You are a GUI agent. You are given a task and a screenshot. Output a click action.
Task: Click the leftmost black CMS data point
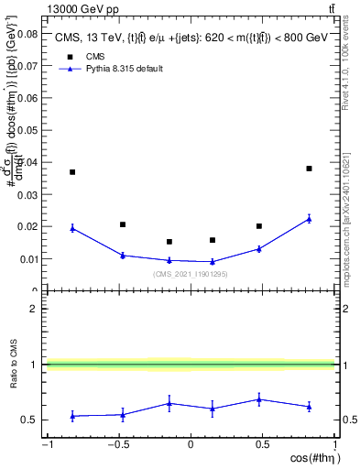72,172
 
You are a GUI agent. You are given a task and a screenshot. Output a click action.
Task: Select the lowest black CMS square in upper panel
169,242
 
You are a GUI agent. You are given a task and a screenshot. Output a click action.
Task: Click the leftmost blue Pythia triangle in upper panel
72,228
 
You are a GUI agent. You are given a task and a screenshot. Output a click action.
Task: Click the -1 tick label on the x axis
46,445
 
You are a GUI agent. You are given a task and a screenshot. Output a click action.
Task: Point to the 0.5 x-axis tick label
262,445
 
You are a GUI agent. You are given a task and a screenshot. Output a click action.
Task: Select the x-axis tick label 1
333,445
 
